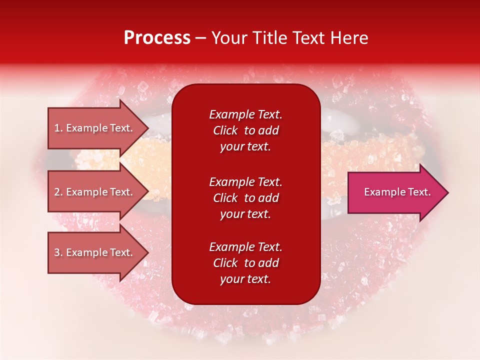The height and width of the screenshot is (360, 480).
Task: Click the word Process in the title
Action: pyautogui.click(x=157, y=38)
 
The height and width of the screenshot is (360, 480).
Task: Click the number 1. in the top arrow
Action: pyautogui.click(x=58, y=128)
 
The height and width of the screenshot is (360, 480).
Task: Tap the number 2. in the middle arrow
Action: pyautogui.click(x=58, y=192)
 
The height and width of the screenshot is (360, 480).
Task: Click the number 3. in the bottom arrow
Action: pyautogui.click(x=58, y=252)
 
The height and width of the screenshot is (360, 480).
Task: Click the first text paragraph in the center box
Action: pyautogui.click(x=245, y=130)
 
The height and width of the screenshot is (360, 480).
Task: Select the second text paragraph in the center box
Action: pyautogui.click(x=245, y=198)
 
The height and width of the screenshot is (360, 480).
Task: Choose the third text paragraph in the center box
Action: pyautogui.click(x=245, y=263)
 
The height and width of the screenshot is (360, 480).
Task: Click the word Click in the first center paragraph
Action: pyautogui.click(x=225, y=130)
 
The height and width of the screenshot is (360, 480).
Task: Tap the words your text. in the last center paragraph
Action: pyautogui.click(x=245, y=279)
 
